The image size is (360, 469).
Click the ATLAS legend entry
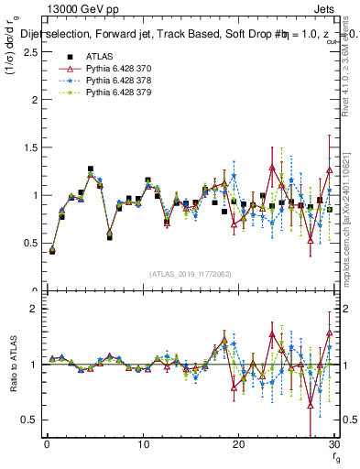tap(98, 57)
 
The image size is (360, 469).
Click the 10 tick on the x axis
tap(143, 444)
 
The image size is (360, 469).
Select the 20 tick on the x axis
tap(238, 444)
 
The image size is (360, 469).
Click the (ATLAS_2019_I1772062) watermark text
tap(190, 274)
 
